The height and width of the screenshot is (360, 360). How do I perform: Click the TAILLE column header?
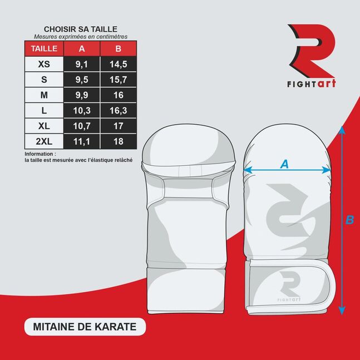click(x=44, y=48)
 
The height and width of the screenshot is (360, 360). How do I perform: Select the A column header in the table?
click(x=82, y=48)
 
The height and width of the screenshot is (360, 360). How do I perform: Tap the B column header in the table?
click(x=119, y=48)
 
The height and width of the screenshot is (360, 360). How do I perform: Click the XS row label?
click(x=44, y=64)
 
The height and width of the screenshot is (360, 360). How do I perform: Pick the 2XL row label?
click(x=44, y=141)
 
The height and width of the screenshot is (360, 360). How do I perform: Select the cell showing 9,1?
click(x=82, y=64)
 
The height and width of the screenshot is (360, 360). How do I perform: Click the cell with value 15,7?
click(x=119, y=80)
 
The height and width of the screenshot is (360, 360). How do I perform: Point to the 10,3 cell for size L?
click(x=82, y=110)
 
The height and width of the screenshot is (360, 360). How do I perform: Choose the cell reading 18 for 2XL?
click(x=119, y=141)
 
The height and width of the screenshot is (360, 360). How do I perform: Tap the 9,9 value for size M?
click(x=82, y=95)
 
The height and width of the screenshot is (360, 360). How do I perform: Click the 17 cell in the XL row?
click(x=119, y=126)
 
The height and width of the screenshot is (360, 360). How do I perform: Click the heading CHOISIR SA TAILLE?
click(x=81, y=29)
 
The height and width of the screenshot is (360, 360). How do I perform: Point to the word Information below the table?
click(x=39, y=154)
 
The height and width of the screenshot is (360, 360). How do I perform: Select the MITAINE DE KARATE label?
click(x=85, y=327)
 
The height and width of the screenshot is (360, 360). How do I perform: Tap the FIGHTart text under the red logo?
click(x=312, y=83)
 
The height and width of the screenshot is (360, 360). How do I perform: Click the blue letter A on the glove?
click(x=285, y=164)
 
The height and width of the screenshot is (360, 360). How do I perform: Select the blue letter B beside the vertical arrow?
click(x=349, y=220)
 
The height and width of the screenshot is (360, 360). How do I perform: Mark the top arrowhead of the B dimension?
click(x=342, y=130)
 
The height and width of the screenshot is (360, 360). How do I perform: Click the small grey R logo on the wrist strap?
click(x=290, y=283)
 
